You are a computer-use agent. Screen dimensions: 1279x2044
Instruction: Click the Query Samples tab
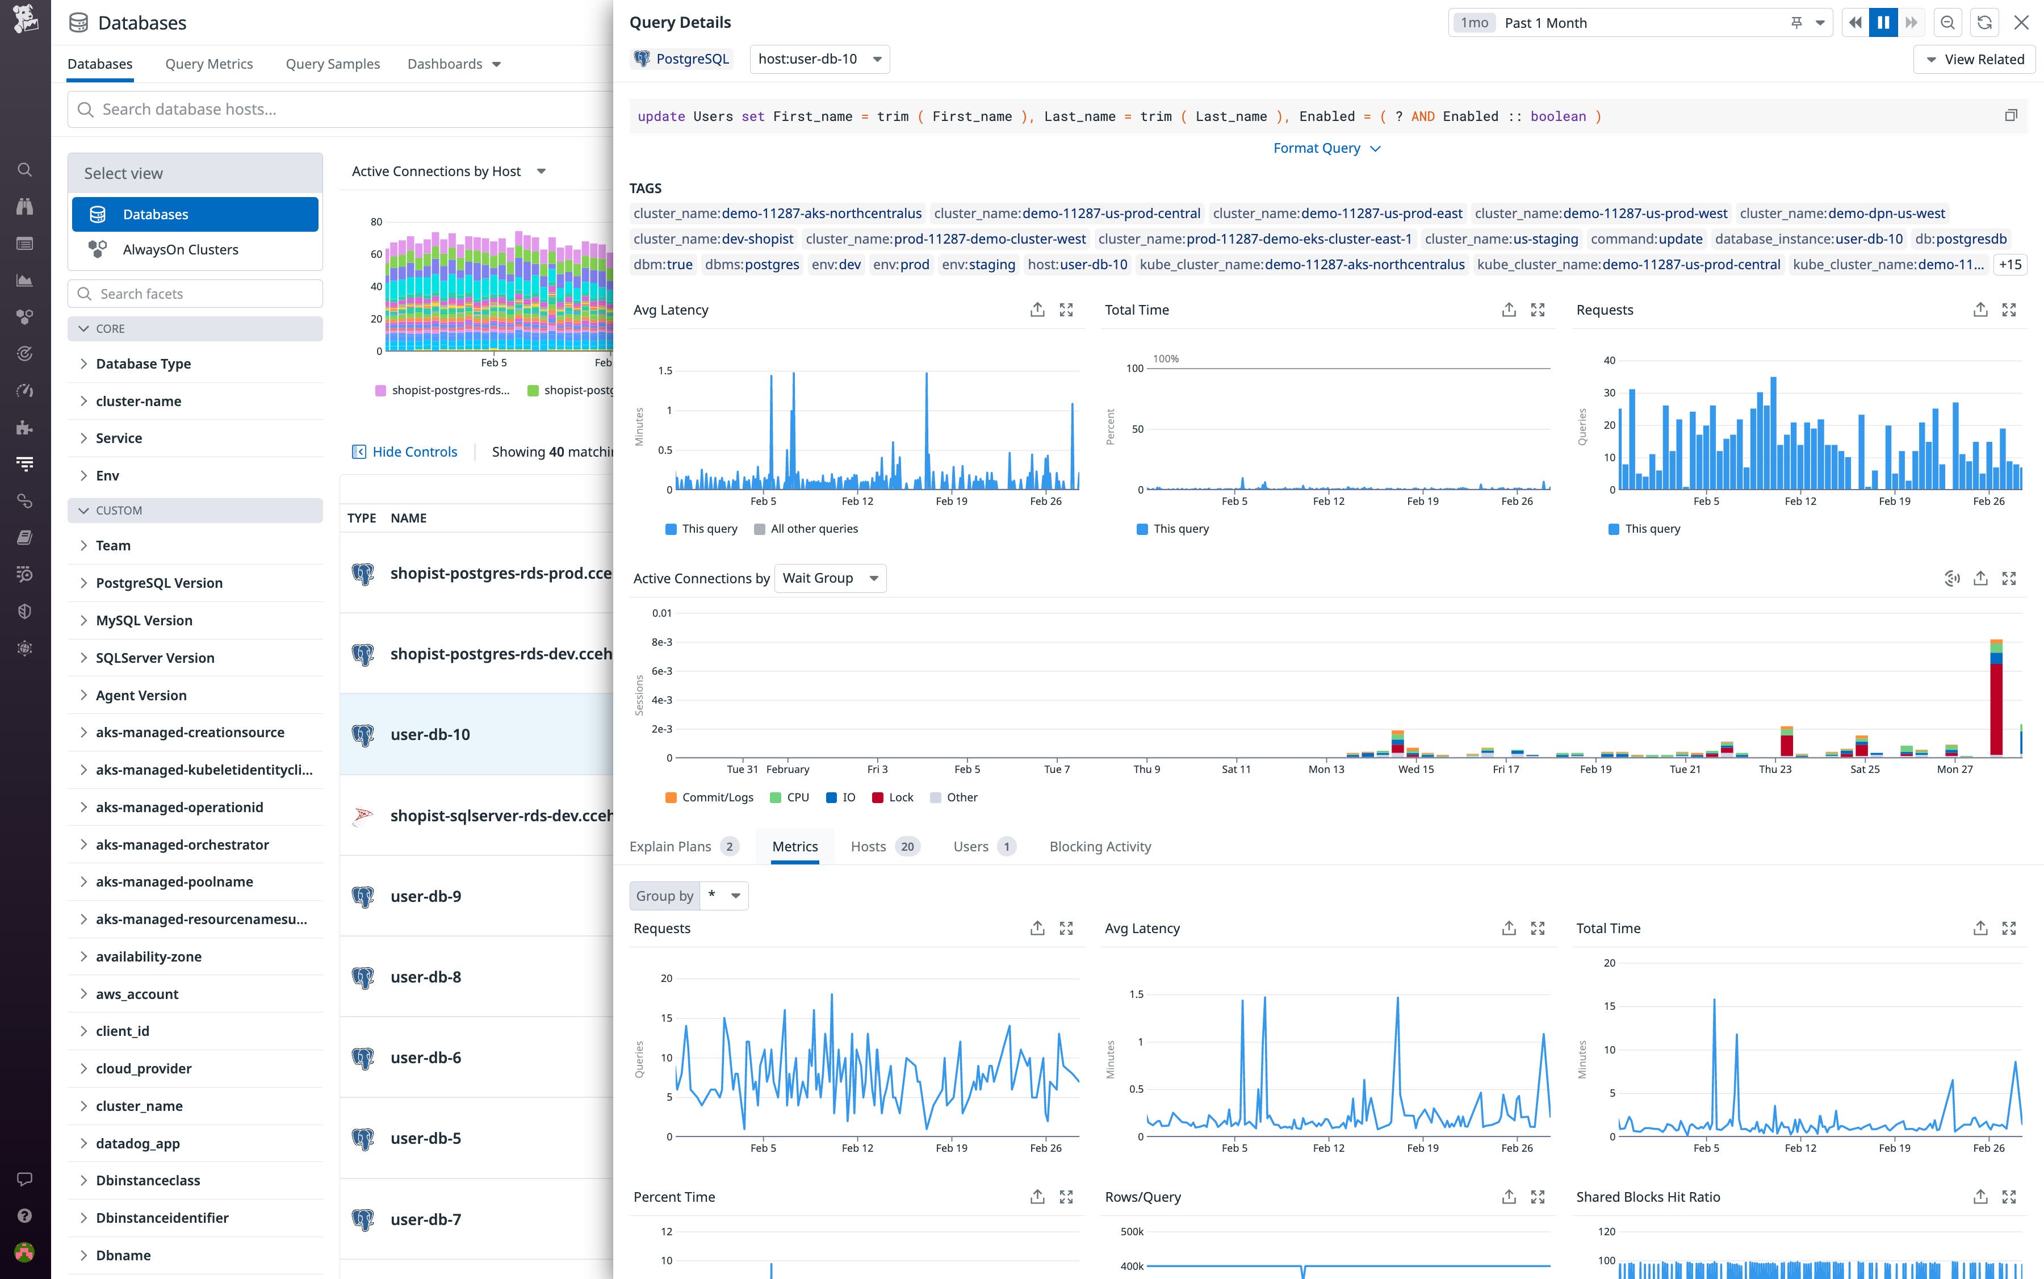click(x=332, y=64)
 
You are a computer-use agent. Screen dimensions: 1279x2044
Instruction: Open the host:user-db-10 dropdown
click(x=819, y=59)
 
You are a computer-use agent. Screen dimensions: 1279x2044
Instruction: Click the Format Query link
click(x=1326, y=148)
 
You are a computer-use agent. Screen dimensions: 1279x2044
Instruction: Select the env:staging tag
click(x=978, y=265)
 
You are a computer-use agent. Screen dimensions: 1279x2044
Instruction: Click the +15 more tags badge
click(x=2009, y=265)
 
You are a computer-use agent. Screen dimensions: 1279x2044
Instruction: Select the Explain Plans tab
click(x=671, y=847)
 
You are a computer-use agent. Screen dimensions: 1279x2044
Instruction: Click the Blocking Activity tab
click(x=1099, y=847)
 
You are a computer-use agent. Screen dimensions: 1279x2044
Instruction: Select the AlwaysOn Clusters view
click(x=180, y=249)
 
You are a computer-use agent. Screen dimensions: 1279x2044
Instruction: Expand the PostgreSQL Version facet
click(x=159, y=583)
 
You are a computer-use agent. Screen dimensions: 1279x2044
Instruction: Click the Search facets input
click(x=203, y=294)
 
